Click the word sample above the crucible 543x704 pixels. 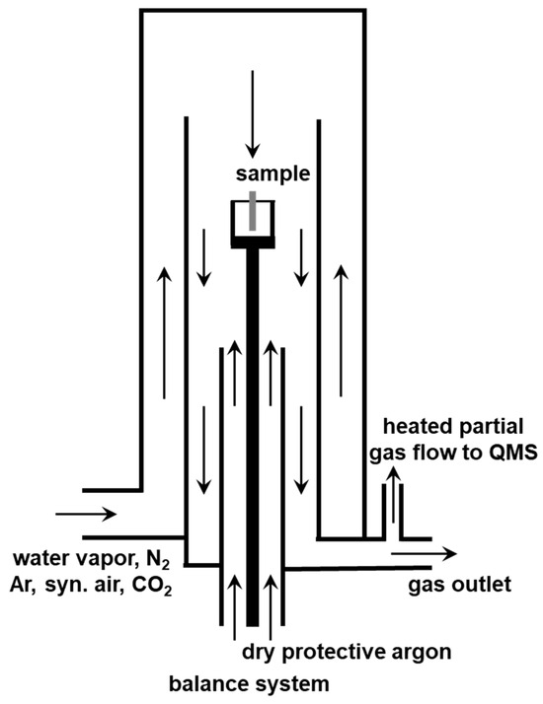tap(271, 176)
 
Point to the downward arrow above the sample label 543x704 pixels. tap(253, 113)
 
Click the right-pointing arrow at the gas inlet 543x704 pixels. tap(87, 514)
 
